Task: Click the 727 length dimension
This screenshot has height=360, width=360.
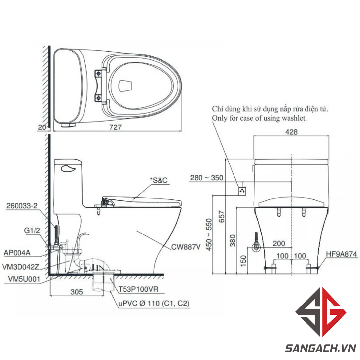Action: (x=115, y=127)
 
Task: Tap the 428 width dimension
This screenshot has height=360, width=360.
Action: (x=291, y=132)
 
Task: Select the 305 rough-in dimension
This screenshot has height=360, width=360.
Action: (x=77, y=292)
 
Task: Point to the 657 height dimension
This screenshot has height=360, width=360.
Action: (x=222, y=217)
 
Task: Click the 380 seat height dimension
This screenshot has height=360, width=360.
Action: (x=233, y=240)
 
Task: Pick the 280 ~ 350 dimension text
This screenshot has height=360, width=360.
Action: (x=207, y=178)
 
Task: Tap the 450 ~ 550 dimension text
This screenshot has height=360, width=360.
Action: (x=209, y=234)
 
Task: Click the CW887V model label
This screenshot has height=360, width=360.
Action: (x=186, y=247)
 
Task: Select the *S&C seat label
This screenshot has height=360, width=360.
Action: (x=159, y=180)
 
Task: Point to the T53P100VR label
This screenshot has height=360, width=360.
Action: (x=138, y=289)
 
